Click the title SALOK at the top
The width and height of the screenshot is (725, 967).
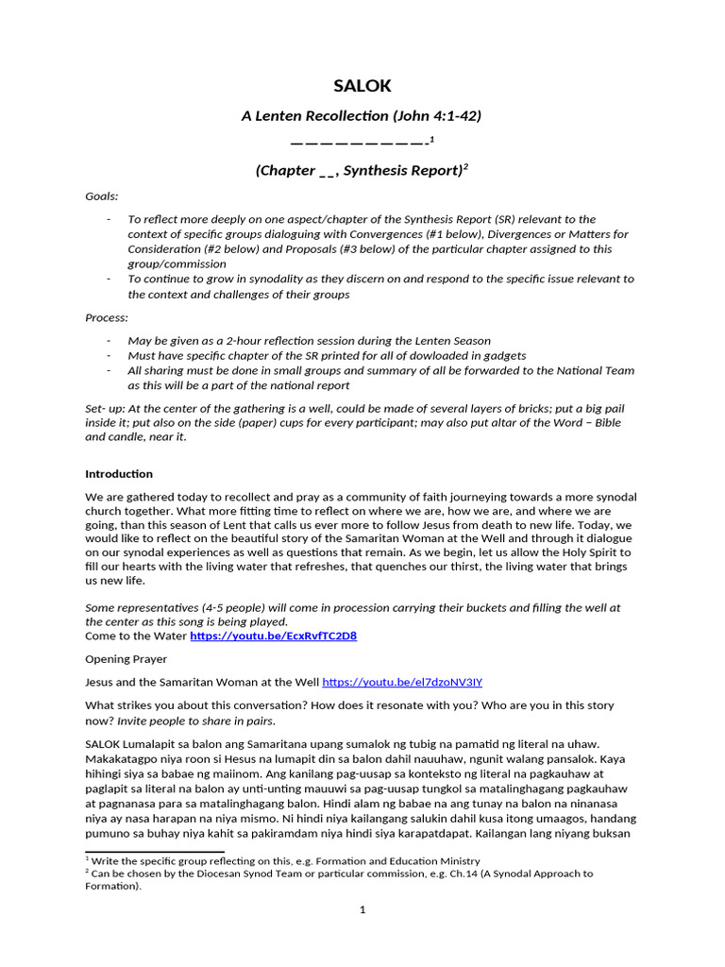(x=362, y=87)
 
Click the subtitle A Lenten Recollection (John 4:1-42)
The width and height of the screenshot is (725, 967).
(x=362, y=116)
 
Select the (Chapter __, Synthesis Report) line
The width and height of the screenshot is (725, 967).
(x=362, y=171)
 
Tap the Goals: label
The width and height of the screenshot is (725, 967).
(x=102, y=196)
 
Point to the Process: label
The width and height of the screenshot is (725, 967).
(x=106, y=318)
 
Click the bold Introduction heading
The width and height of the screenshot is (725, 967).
(x=119, y=474)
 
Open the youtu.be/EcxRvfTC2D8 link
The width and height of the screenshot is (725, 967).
(x=273, y=636)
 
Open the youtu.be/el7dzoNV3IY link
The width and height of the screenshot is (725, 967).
(x=402, y=682)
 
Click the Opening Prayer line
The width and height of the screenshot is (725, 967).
(x=126, y=659)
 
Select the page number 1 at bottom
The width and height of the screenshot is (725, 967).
(x=362, y=910)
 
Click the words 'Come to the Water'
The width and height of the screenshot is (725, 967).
(x=136, y=636)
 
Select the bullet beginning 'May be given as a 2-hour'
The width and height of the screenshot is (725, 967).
(x=310, y=340)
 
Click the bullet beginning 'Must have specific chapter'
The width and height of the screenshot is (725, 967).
(x=327, y=356)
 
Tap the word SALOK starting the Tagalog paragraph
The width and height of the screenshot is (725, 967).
(x=104, y=744)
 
